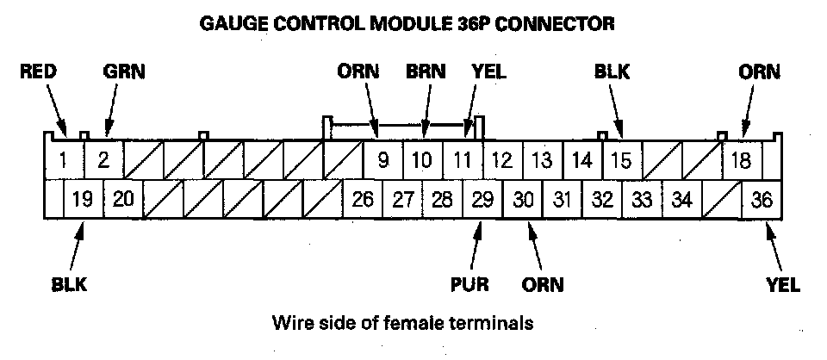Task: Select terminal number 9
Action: [382, 159]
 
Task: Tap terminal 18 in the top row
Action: [741, 159]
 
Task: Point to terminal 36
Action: [762, 200]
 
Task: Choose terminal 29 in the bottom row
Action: [482, 200]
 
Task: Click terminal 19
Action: [83, 200]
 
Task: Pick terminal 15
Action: [621, 159]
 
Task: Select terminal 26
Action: [363, 200]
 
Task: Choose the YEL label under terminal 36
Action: [782, 282]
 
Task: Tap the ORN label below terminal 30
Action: [542, 282]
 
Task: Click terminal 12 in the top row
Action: [502, 159]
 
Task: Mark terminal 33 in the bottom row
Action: [642, 200]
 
